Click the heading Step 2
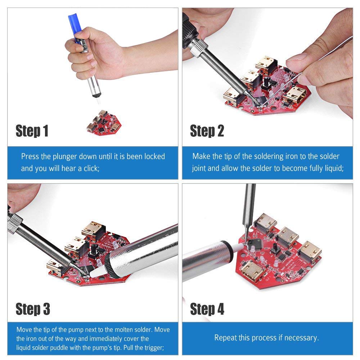[207, 131]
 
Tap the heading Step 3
[32, 309]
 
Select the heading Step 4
[207, 309]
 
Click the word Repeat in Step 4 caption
[225, 338]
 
